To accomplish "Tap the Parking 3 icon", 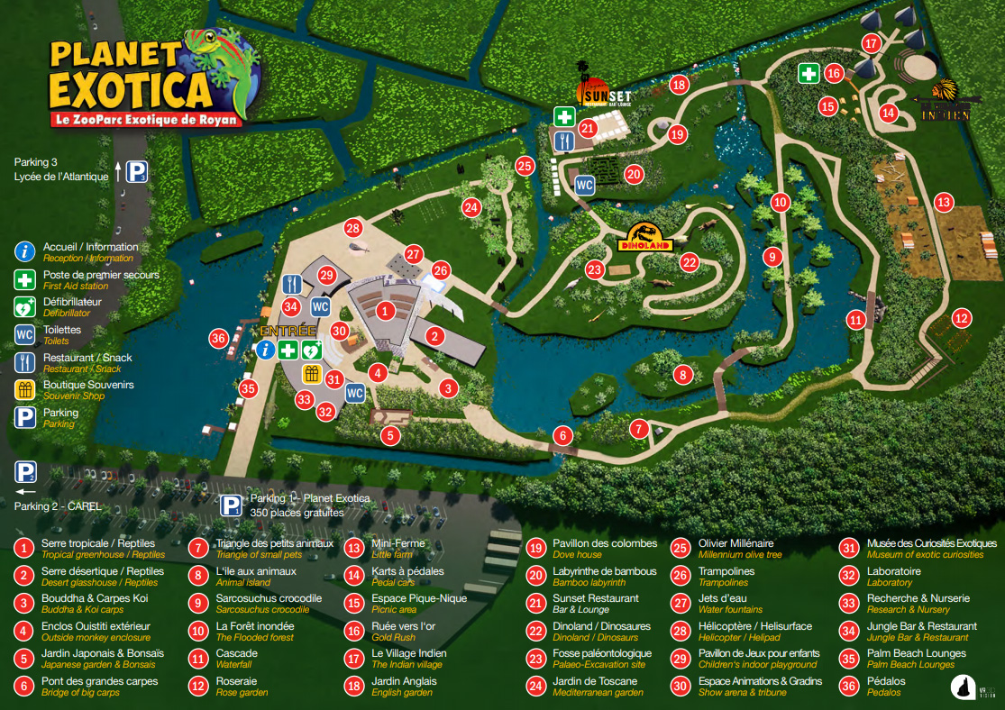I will click(136, 172).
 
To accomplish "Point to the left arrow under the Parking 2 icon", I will click(25, 492).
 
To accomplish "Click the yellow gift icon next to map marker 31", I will click(312, 373).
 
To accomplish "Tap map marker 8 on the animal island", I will click(683, 374).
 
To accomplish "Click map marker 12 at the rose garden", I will click(962, 317).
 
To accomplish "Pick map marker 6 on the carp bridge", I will click(563, 436).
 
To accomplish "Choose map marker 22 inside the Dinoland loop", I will click(690, 262).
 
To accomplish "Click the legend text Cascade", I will click(237, 653).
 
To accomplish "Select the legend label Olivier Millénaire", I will click(735, 543).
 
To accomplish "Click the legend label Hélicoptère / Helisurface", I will click(754, 626).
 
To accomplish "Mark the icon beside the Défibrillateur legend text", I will click(25, 306).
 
